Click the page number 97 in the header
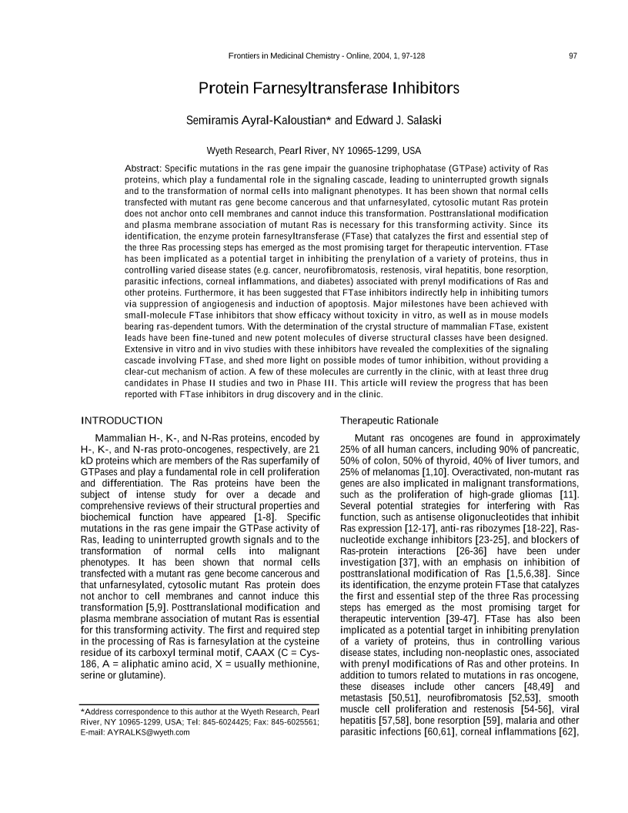[573, 56]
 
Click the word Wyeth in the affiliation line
[223, 151]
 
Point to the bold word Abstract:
[143, 168]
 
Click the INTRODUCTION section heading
[122, 420]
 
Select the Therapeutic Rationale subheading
[389, 420]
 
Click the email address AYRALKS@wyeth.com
[149, 732]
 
